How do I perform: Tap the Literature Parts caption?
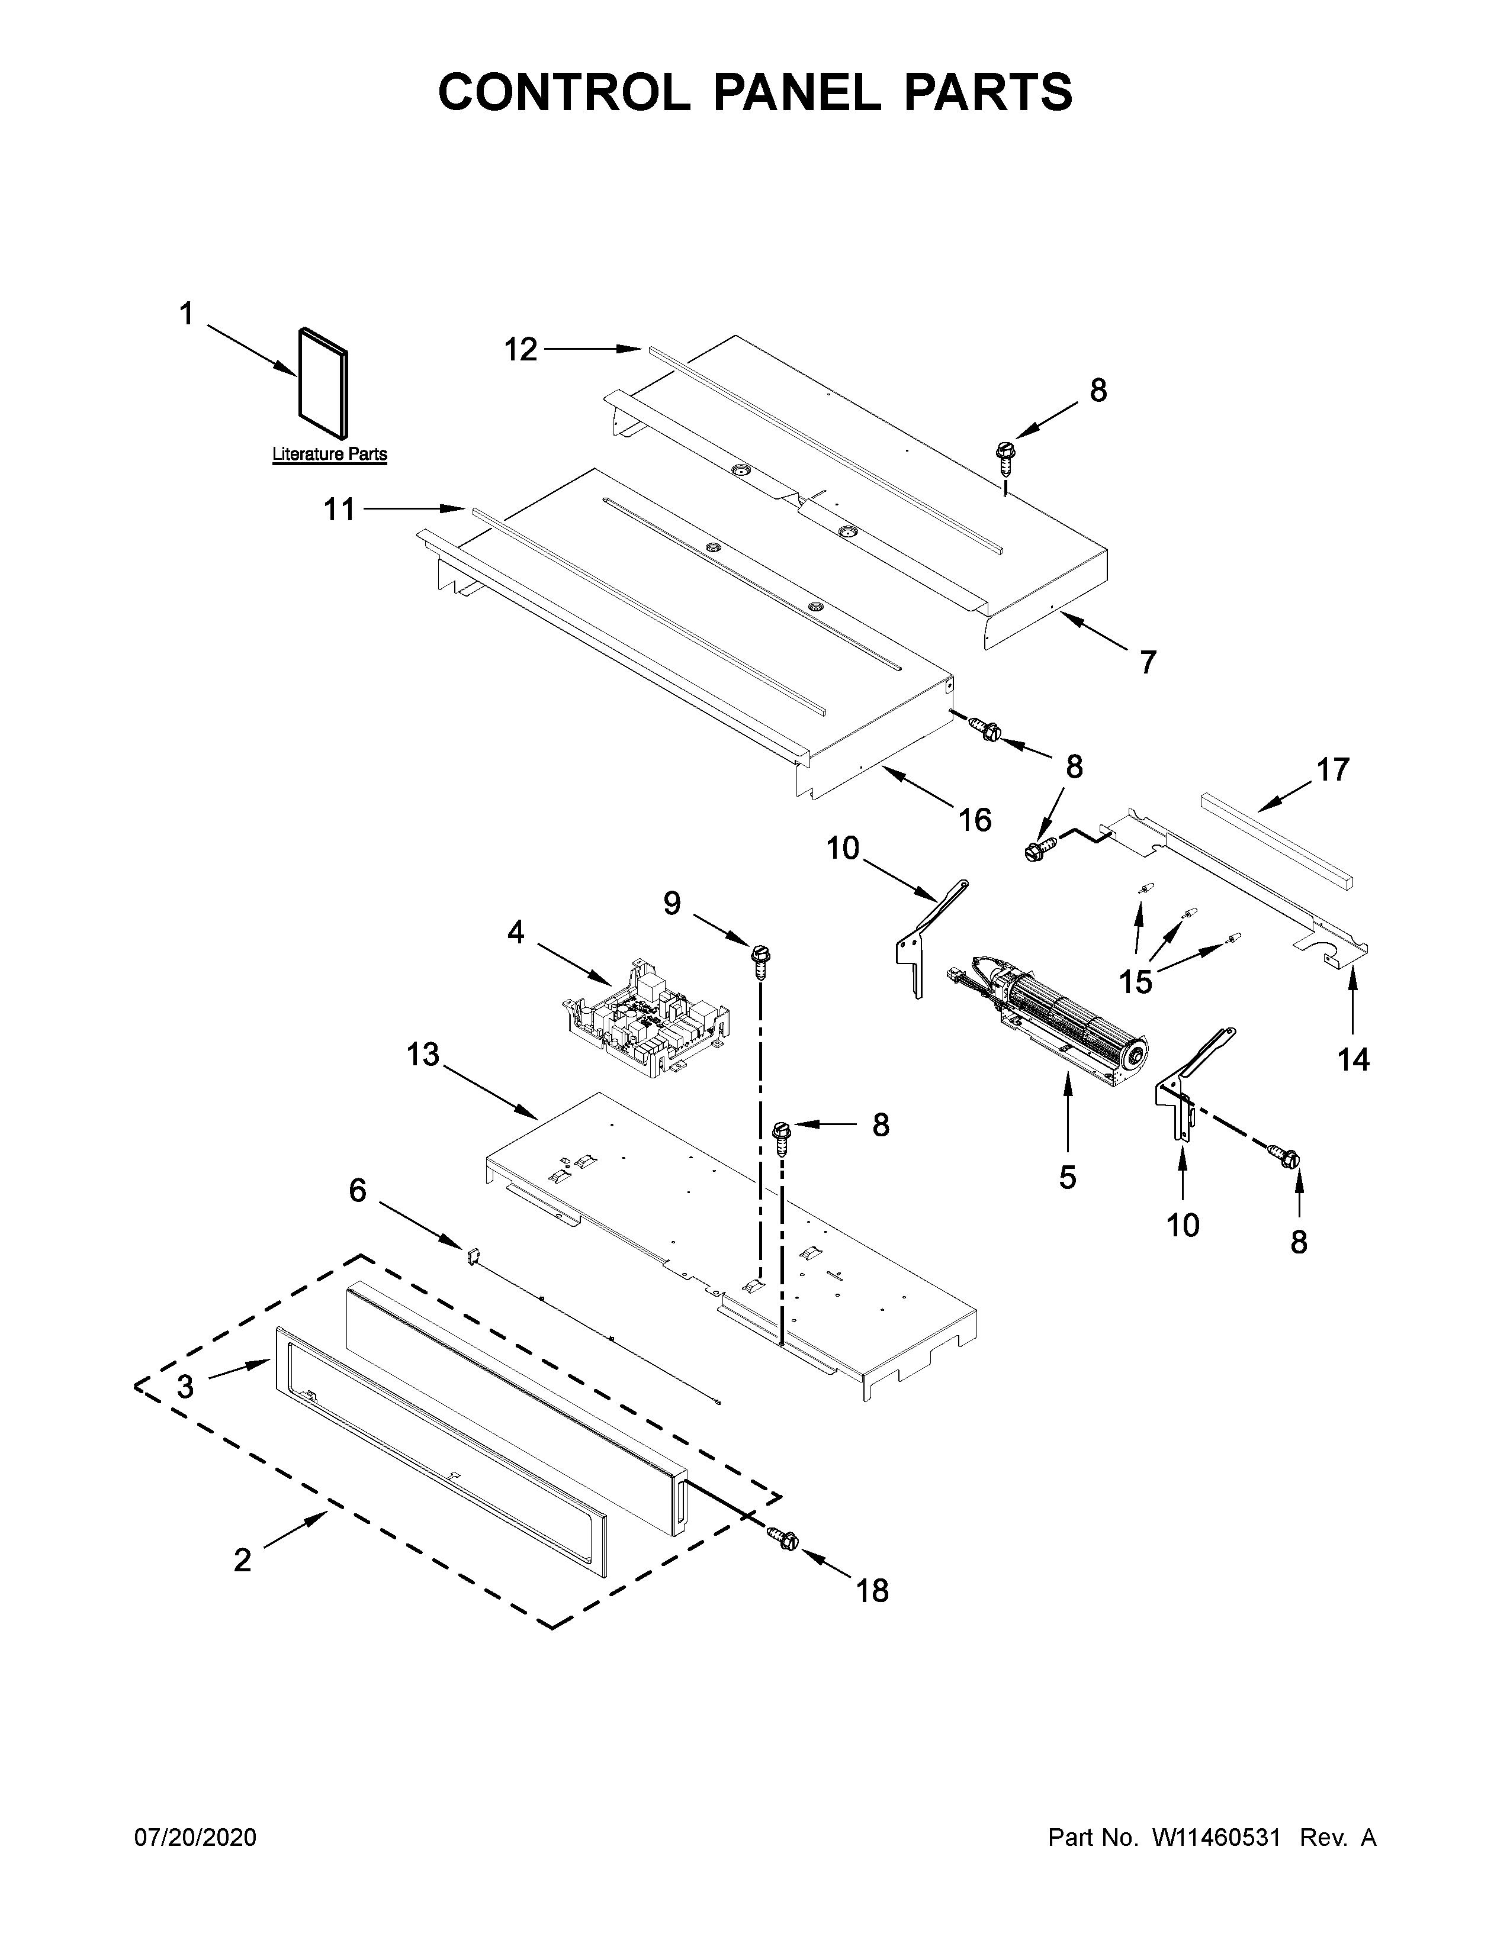329,455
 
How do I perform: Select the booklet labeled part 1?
323,376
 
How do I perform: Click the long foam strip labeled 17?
1277,839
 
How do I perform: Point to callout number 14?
1352,1060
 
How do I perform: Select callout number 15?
1136,981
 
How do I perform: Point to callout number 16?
975,819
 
